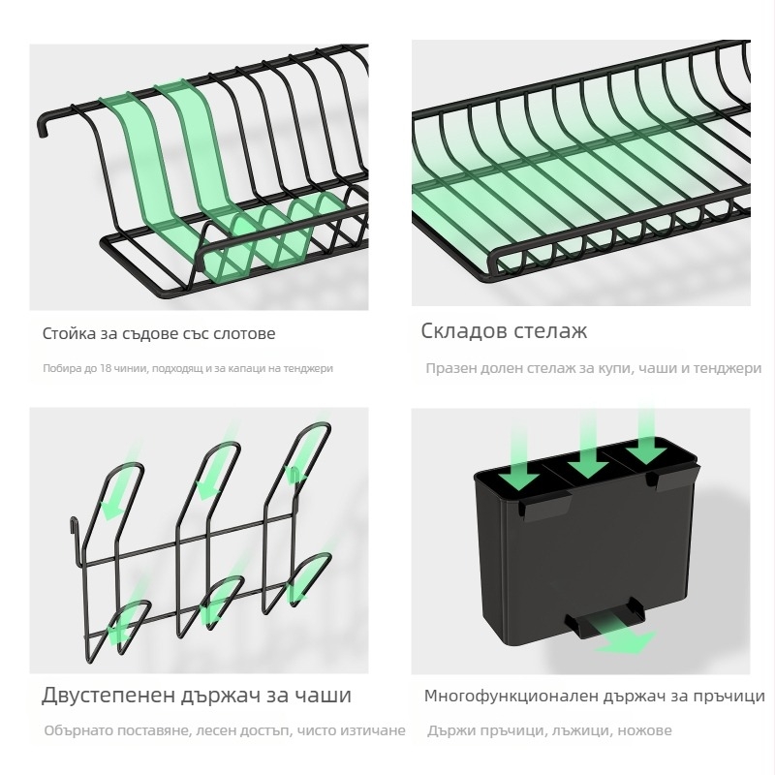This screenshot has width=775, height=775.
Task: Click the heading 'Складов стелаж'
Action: (x=504, y=331)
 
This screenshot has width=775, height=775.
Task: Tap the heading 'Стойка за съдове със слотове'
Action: (x=159, y=333)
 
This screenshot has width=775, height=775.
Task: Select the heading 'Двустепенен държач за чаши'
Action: (x=196, y=696)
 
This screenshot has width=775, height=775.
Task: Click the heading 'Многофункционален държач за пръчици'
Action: (x=594, y=696)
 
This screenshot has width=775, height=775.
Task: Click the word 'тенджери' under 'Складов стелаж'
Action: (x=728, y=368)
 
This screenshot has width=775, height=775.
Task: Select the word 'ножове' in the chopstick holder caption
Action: (x=643, y=730)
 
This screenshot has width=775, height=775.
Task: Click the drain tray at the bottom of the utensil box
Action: (x=600, y=621)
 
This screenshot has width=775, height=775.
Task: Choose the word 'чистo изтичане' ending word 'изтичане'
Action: (x=372, y=730)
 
